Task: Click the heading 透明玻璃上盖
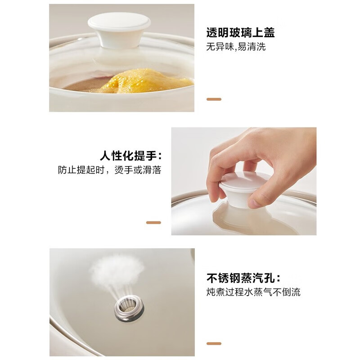pyautogui.click(x=240, y=33)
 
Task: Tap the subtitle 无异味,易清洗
pyautogui.click(x=236, y=47)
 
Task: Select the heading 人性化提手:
pyautogui.click(x=130, y=156)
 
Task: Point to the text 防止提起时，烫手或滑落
pyautogui.click(x=109, y=170)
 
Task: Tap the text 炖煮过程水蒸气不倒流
pyautogui.click(x=253, y=292)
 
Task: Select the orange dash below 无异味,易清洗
pyautogui.click(x=214, y=99)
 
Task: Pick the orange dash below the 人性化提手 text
pyautogui.click(x=153, y=222)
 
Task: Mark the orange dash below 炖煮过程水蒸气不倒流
pyautogui.click(x=214, y=344)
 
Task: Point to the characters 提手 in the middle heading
pyautogui.click(x=144, y=156)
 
